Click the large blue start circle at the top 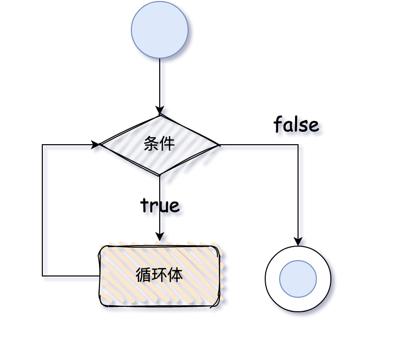(x=160, y=30)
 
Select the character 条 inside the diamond (x=151, y=144)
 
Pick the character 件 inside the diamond (x=167, y=144)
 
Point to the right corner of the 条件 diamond (x=218, y=145)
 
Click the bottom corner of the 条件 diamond (x=160, y=175)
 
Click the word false (x=296, y=124)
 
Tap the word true (x=160, y=205)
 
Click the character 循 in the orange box (x=143, y=274)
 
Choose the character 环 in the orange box (x=159, y=274)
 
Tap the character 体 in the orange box (x=175, y=274)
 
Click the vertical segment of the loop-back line (x=43, y=209)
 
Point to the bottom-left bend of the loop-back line (x=43, y=275)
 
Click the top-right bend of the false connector (x=298, y=145)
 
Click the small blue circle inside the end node (x=298, y=279)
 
